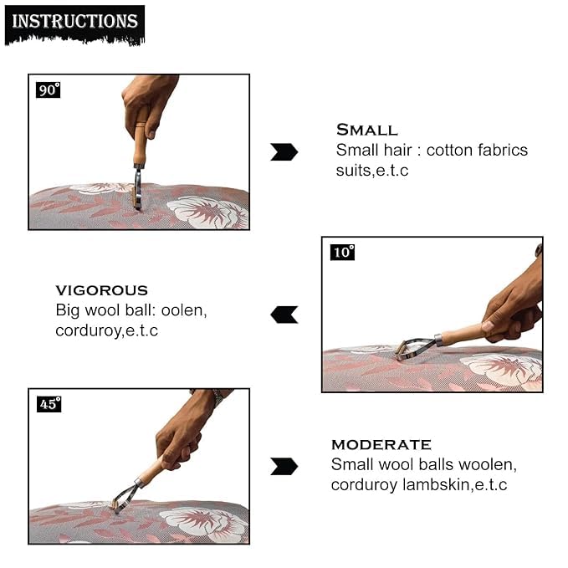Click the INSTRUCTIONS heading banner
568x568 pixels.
tap(74, 21)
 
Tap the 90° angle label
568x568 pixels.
tap(49, 90)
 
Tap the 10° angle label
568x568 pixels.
tap(342, 252)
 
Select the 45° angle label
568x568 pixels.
tap(49, 404)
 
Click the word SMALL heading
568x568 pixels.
tap(366, 130)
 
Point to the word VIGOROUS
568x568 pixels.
tap(101, 290)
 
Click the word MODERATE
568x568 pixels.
tap(381, 444)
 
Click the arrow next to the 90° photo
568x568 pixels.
tap(284, 151)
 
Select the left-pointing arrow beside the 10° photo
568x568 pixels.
tap(284, 315)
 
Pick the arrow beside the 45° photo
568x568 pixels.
tap(284, 466)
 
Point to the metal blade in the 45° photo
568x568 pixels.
tap(125, 498)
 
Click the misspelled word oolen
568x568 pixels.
tap(186, 310)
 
